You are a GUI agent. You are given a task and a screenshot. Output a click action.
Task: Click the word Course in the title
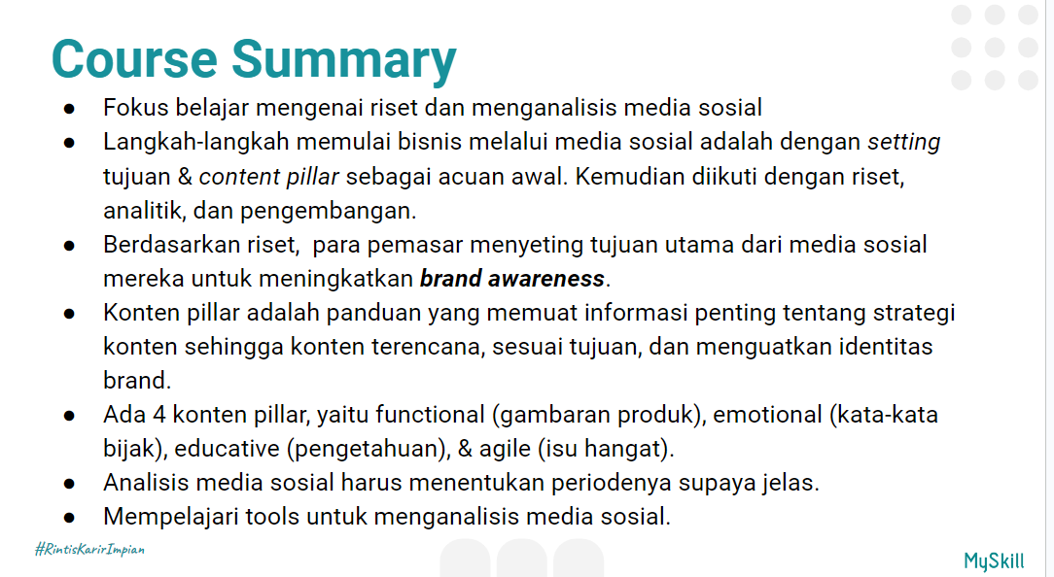click(x=134, y=59)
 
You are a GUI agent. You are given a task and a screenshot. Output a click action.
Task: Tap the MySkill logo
click(x=994, y=560)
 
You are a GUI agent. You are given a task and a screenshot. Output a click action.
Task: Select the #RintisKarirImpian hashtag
click(x=89, y=549)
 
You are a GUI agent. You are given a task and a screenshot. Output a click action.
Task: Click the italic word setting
click(x=903, y=143)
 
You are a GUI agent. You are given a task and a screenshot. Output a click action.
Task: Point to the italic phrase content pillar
click(x=269, y=177)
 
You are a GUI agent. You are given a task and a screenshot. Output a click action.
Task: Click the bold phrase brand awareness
click(x=512, y=279)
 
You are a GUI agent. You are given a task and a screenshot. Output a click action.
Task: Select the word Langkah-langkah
click(x=196, y=143)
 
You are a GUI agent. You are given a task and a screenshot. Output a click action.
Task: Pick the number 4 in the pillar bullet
click(x=159, y=415)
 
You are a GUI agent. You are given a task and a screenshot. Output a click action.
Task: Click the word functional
click(x=430, y=415)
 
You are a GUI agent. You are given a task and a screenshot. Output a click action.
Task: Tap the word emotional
click(x=767, y=415)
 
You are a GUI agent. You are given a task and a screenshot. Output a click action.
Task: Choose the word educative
click(x=228, y=449)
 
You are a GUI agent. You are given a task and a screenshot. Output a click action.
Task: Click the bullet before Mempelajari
click(x=69, y=518)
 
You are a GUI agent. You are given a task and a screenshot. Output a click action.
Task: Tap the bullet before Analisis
click(x=69, y=484)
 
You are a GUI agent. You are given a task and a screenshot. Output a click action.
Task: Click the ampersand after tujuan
click(x=185, y=177)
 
